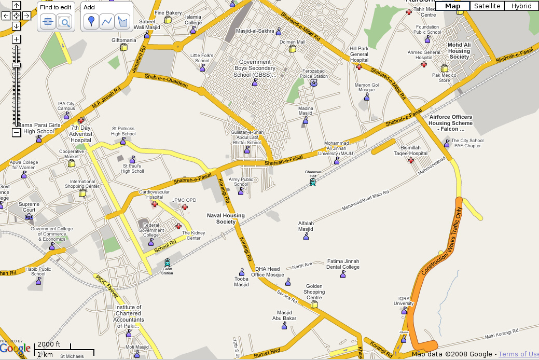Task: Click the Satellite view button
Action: [x=488, y=6]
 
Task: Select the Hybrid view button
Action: [x=521, y=6]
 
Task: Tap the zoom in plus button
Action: [x=16, y=39]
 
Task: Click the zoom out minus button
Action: [x=16, y=132]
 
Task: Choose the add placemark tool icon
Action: [x=91, y=21]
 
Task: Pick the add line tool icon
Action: [x=107, y=21]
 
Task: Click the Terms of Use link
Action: [x=518, y=354]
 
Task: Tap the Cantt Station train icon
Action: [x=167, y=263]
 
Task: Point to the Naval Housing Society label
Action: [x=226, y=218]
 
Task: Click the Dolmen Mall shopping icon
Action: [x=293, y=49]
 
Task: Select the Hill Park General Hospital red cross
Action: [x=359, y=67]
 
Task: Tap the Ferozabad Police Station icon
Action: [x=313, y=83]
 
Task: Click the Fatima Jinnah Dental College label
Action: [x=343, y=264]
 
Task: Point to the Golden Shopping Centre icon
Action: [x=314, y=304]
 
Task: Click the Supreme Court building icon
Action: [x=29, y=216]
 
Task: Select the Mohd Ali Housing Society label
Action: [x=459, y=51]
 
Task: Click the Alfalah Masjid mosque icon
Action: [x=306, y=237]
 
